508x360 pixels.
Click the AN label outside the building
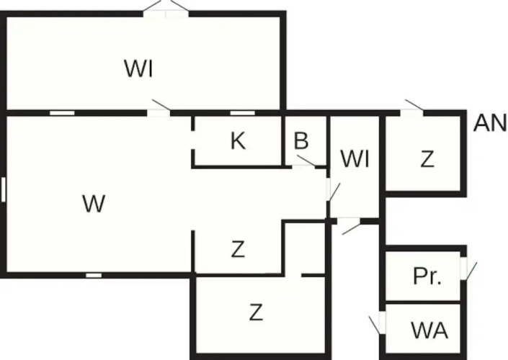pos(490,123)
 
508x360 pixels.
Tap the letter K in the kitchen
pos(238,141)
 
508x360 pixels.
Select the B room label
pos(301,141)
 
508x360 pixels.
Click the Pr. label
pos(427,276)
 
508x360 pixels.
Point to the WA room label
pos(429,330)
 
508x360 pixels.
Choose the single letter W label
pos(94,204)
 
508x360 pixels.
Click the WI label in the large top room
pos(138,68)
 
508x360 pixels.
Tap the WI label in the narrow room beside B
pos(355,159)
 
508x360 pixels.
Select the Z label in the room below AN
pos(427,159)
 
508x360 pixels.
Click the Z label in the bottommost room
pos(256,312)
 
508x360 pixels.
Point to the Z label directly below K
pos(238,249)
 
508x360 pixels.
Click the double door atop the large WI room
pos(166,9)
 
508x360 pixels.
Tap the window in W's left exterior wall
pos(3,189)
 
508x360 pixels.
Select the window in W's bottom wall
pos(94,275)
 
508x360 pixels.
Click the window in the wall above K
pos(242,113)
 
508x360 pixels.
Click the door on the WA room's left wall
pos(378,323)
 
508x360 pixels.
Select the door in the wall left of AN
pos(412,109)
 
